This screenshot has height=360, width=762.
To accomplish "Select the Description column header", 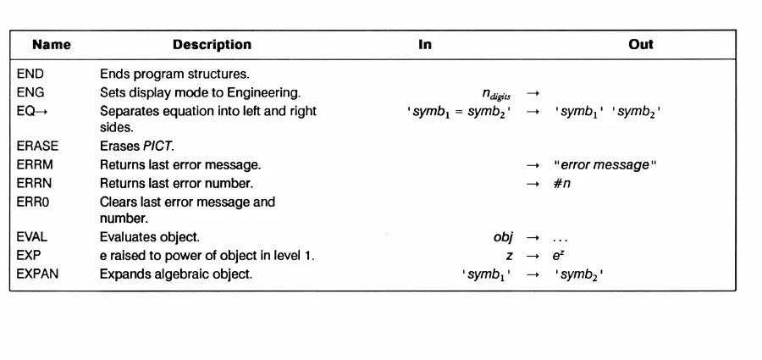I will coord(212,45).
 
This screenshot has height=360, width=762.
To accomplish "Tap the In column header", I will coord(425,45).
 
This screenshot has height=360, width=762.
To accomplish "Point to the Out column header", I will coord(641,45).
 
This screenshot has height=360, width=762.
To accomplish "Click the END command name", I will coord(30,75).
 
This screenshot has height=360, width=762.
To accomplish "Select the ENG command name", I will coord(30,92).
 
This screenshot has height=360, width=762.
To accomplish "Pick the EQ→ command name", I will coord(32,111).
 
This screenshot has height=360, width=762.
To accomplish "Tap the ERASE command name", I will coord(37,147).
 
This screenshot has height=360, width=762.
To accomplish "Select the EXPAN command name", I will coord(37,274).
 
